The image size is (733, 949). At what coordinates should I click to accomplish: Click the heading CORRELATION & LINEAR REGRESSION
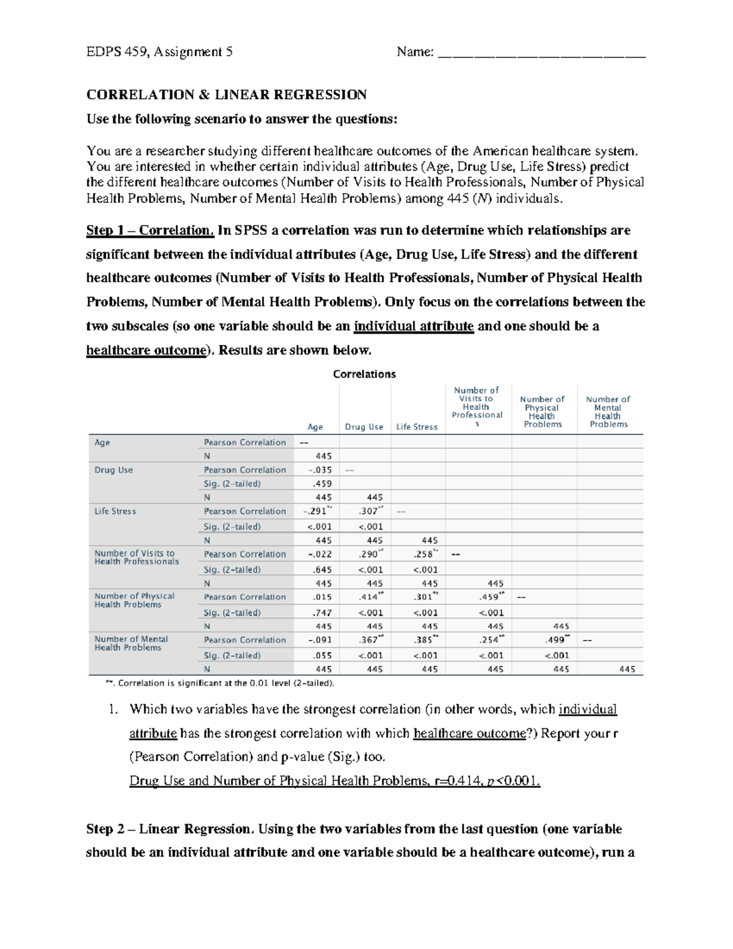point(226,95)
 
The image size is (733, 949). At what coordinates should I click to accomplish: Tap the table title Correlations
point(364,374)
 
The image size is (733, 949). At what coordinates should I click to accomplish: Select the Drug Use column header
point(364,427)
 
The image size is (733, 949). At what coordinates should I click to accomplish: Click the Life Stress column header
point(417,427)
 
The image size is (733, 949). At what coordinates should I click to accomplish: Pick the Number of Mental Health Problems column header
point(608,412)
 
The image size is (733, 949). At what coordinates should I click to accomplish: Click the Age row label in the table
point(102,442)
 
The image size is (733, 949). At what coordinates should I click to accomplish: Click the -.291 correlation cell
point(318,511)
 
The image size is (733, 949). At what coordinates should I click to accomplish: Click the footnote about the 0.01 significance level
point(220,683)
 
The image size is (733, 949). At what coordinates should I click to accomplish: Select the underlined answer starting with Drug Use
point(335,781)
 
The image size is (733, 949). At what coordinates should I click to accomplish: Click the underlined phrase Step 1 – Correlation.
point(150,230)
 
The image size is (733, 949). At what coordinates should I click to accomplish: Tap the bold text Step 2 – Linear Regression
point(169,829)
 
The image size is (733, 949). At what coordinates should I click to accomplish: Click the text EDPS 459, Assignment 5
point(159,53)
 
